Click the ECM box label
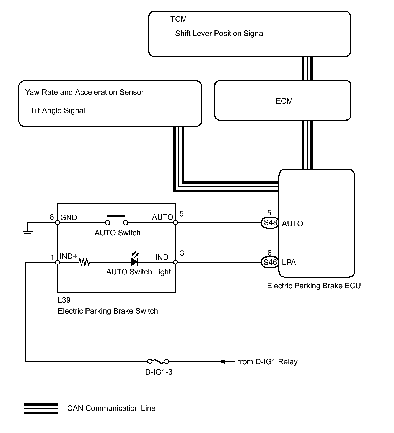[x=284, y=101]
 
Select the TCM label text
[x=178, y=19]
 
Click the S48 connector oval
[x=270, y=223]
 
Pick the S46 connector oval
[x=270, y=262]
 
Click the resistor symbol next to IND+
[x=84, y=262]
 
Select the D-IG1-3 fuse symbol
[x=158, y=361]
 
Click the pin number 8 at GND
[x=52, y=217]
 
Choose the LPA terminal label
[x=289, y=263]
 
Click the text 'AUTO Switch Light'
[x=138, y=272]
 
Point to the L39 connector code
[x=64, y=300]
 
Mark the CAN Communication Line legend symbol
[x=41, y=409]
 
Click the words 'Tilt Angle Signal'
[x=57, y=111]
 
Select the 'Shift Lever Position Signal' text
[x=220, y=34]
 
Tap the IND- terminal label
[x=163, y=258]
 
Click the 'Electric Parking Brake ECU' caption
[x=314, y=286]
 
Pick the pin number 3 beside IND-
[x=182, y=253]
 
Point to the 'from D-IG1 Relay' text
[x=268, y=362]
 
